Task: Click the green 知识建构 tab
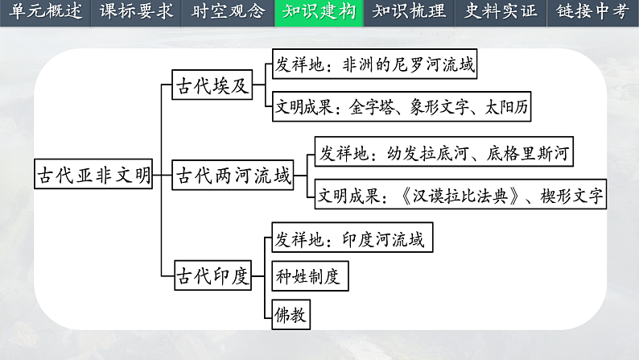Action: pos(319,12)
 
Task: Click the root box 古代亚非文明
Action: pos(93,175)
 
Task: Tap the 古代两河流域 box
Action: pos(233,175)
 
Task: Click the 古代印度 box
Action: pos(213,275)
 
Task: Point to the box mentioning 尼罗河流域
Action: pos(375,64)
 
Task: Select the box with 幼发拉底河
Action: pos(446,153)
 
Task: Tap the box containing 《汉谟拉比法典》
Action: pos(460,196)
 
